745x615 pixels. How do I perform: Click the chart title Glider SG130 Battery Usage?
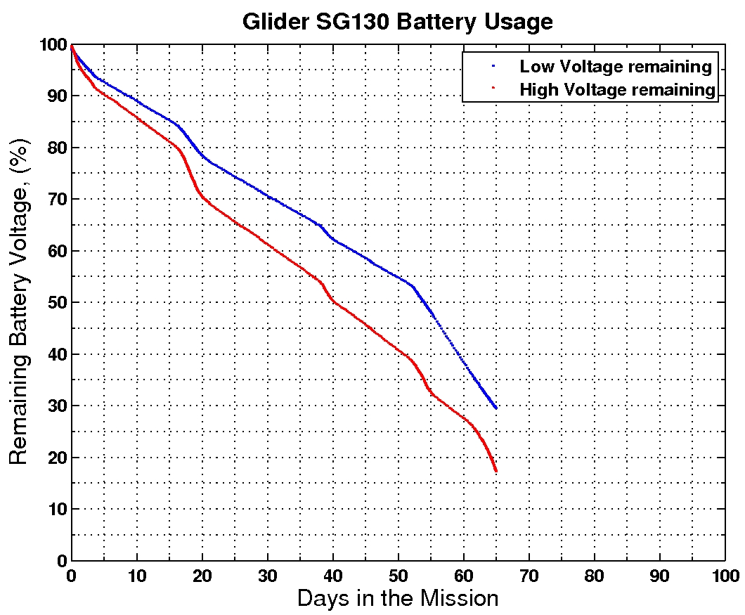point(397,21)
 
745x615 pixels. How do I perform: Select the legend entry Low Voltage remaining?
point(615,67)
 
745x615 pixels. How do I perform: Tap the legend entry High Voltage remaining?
point(617,89)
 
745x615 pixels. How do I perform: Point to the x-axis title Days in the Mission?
point(397,598)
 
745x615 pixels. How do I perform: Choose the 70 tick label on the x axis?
point(529,575)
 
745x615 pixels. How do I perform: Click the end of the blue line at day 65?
point(496,408)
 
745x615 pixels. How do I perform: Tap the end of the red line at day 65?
point(496,470)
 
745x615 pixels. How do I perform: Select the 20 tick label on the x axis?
point(202,575)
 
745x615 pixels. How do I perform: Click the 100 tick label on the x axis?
point(725,575)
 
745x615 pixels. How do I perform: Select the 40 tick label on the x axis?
point(333,575)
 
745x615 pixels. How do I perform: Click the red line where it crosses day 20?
point(202,197)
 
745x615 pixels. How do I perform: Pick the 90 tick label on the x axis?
point(660,575)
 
